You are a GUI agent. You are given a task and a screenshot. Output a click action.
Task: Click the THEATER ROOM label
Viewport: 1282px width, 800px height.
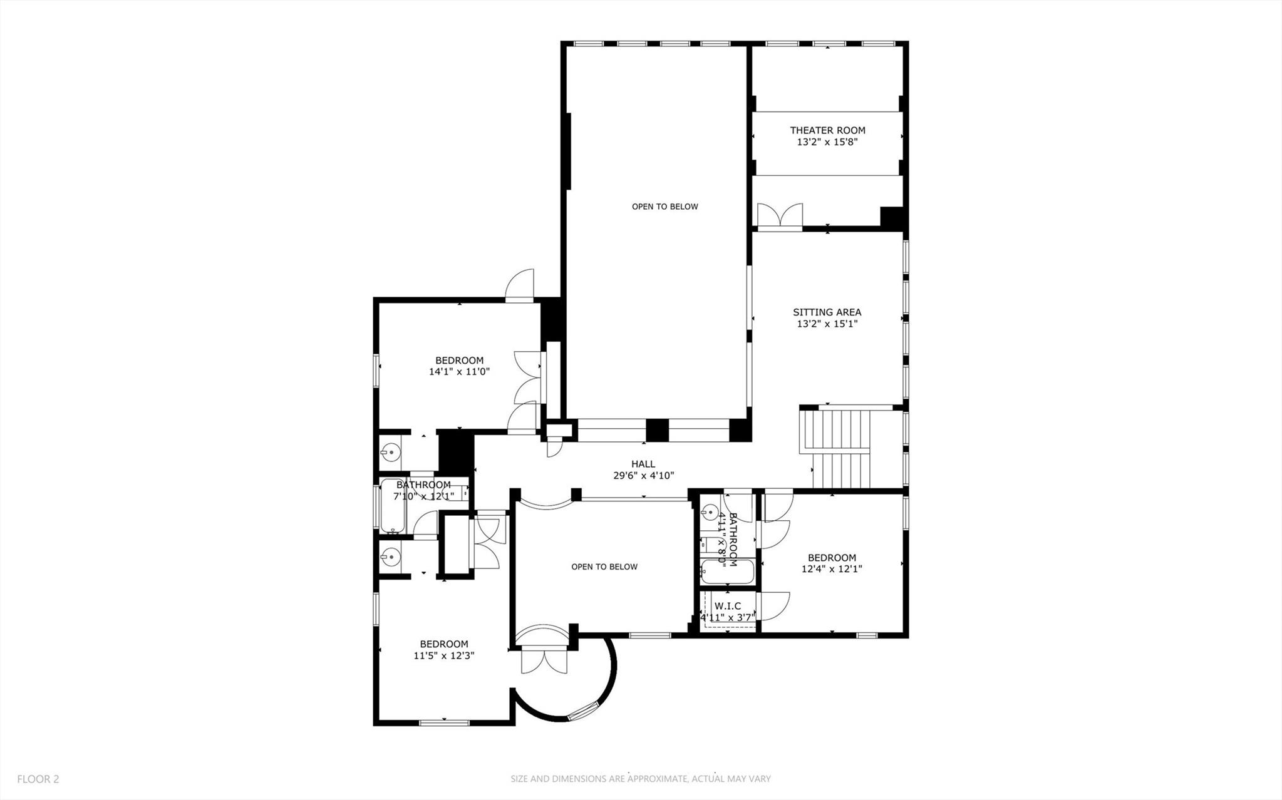click(x=827, y=130)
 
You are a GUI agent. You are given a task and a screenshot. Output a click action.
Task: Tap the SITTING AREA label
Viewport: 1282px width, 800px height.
click(x=827, y=312)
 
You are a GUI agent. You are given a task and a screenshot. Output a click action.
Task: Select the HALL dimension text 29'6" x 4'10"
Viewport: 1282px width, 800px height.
click(x=643, y=475)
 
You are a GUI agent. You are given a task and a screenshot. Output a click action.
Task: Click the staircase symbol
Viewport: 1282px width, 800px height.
click(x=837, y=448)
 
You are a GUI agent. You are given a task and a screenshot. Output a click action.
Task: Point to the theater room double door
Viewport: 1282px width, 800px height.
click(x=780, y=215)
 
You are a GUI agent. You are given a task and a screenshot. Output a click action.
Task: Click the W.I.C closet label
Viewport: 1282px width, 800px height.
click(x=728, y=606)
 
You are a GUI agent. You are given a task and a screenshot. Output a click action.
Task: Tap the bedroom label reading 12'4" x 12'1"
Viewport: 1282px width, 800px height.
click(x=832, y=563)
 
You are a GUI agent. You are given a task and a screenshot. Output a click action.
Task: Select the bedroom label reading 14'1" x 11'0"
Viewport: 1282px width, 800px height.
click(x=459, y=366)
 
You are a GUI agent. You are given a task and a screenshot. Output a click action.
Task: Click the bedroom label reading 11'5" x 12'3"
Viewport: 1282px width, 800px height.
click(x=443, y=650)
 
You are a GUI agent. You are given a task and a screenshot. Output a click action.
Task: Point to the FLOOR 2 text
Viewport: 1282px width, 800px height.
click(x=38, y=779)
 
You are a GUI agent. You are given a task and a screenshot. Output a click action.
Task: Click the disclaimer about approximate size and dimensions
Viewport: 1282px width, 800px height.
click(x=640, y=779)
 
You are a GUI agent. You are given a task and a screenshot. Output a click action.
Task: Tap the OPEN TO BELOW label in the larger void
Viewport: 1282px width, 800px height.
click(x=664, y=207)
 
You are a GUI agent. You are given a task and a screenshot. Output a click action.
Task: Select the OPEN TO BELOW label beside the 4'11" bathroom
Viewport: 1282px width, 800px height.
click(x=604, y=567)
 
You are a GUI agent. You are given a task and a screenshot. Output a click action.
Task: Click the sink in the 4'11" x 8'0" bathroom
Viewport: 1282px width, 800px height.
click(x=710, y=512)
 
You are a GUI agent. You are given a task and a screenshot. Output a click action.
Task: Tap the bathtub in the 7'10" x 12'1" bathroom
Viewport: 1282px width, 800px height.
click(x=393, y=506)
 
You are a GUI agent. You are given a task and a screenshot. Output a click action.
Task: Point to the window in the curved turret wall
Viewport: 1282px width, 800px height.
click(x=584, y=710)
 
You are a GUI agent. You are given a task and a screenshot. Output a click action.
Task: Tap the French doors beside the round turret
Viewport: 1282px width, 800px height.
click(x=544, y=662)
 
